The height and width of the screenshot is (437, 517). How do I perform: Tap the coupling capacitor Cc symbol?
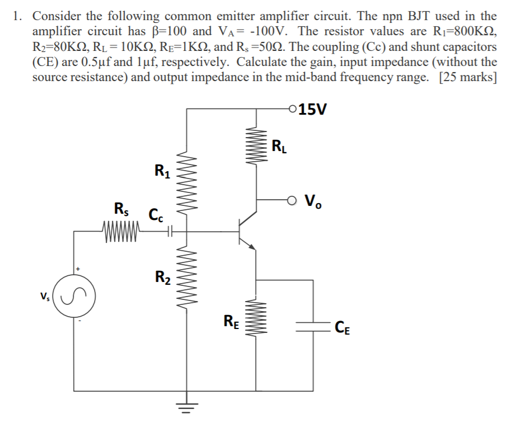tap(168, 230)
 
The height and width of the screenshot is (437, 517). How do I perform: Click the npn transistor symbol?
tap(245, 228)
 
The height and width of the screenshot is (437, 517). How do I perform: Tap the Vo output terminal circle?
tap(292, 199)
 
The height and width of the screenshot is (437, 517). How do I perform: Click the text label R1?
tap(161, 169)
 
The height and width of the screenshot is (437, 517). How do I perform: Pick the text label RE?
tap(231, 321)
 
